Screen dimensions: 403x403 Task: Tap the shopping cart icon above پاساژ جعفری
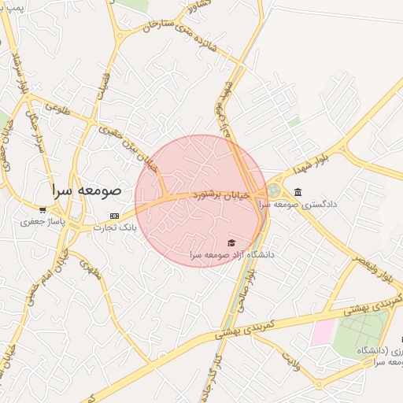point(42,211)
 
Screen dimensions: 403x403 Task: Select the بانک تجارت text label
point(115,227)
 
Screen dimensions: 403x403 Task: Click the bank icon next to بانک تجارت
point(115,216)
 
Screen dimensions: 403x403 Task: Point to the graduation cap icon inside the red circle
point(231,242)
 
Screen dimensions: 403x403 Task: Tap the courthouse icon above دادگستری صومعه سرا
point(298,192)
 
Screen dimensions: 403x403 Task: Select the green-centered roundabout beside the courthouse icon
point(273,190)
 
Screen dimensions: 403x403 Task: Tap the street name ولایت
point(292,360)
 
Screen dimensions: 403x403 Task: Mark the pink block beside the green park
point(322,333)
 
